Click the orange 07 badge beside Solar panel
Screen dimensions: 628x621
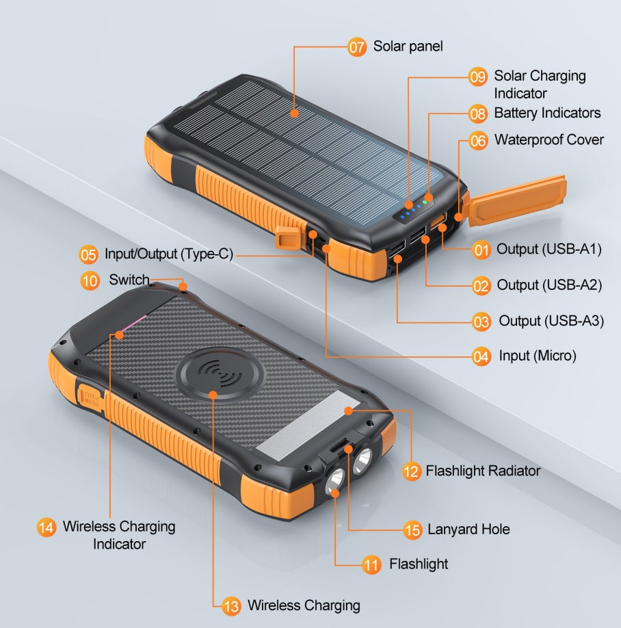[x=357, y=47]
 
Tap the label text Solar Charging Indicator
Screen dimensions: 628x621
[x=540, y=84]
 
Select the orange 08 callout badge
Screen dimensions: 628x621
[x=478, y=114]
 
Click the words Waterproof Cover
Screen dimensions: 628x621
[x=549, y=140]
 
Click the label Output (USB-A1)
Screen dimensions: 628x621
[x=549, y=250]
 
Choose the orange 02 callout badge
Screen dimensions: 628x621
[x=481, y=285]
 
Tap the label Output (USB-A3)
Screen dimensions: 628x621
[x=551, y=321]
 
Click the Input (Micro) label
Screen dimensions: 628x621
[x=537, y=356]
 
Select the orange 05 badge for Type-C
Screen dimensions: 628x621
[x=89, y=255]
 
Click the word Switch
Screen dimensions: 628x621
[x=129, y=280]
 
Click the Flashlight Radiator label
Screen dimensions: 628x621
[x=482, y=471]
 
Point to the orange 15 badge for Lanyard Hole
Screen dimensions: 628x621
[x=412, y=529]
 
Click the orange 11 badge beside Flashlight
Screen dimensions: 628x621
[x=371, y=564]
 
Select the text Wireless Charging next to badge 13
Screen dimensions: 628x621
[x=303, y=605]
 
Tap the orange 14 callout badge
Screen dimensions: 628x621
[x=47, y=527]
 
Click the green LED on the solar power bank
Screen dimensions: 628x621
[x=425, y=202]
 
